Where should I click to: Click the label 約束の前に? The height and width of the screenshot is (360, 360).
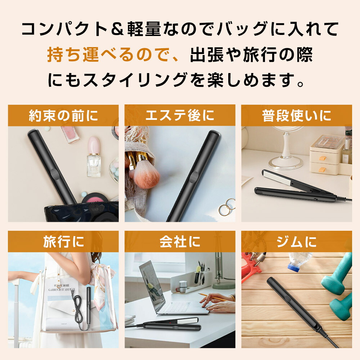(63, 116)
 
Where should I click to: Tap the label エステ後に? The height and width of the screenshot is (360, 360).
(180, 116)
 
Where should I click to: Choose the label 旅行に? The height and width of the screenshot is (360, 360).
(63, 242)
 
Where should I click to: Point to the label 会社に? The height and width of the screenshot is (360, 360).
(180, 242)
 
